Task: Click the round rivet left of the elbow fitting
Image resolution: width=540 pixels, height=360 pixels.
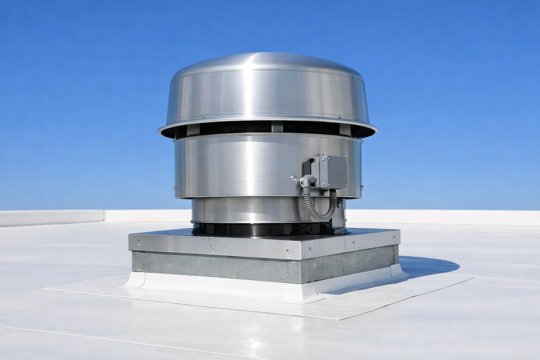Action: [292, 178]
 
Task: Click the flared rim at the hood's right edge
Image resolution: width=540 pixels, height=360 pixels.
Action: [375, 130]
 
